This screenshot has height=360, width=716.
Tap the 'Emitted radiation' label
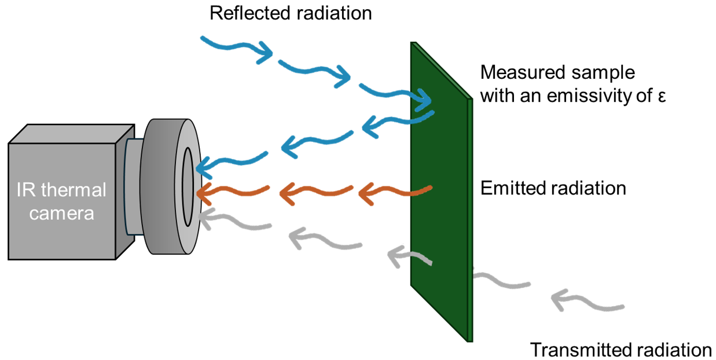tap(553, 189)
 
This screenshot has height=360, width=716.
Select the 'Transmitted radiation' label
tap(620, 350)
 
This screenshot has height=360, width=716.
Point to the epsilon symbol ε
tap(662, 96)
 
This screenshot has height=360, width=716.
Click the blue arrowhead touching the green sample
tap(427, 102)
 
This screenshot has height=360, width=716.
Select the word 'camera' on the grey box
tap(61, 214)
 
